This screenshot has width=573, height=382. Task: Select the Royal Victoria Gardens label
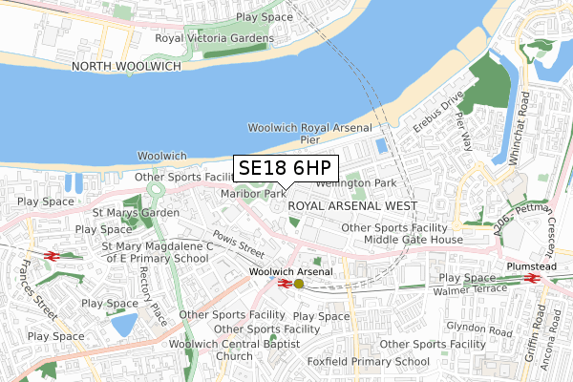point(215,38)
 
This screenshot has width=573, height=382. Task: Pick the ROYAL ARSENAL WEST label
point(351,205)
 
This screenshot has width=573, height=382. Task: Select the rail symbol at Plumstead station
point(532,278)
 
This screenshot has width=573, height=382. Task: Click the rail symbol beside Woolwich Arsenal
point(285,283)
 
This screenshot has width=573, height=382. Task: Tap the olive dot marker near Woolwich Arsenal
point(299,283)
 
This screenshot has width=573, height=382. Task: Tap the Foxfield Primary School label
point(370,362)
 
